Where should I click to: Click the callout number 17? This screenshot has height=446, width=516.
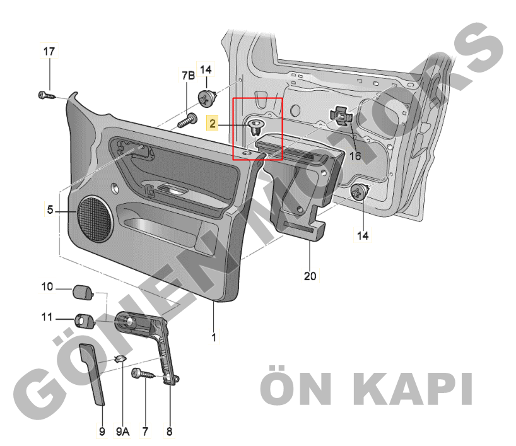49,51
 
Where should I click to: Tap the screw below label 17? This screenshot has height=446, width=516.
47,96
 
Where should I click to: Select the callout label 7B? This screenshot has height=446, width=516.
188,76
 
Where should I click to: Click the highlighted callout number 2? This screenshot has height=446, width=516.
212,124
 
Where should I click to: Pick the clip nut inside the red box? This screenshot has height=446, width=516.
255,127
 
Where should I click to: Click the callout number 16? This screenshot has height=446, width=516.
355,156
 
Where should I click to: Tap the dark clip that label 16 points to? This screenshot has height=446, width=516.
341,116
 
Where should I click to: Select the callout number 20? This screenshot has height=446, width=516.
310,276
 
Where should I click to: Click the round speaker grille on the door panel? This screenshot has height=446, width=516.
95,219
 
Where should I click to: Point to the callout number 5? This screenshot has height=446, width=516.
50,209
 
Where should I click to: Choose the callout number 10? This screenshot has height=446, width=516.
47,286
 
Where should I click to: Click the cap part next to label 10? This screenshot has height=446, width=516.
83,292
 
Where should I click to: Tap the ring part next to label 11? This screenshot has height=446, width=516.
85,321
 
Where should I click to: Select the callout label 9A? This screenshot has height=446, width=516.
122,431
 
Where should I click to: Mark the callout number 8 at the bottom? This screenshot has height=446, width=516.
169,431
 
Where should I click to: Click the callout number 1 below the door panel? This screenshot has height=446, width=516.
214,337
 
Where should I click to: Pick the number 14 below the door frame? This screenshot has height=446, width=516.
363,236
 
